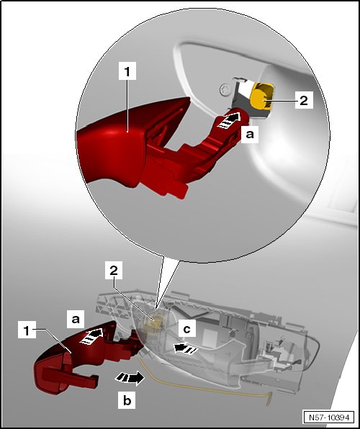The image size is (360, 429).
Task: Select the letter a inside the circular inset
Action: [250, 134]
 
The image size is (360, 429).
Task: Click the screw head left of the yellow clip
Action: [225, 89]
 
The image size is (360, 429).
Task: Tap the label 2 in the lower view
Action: [114, 271]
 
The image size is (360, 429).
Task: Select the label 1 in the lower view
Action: [27, 330]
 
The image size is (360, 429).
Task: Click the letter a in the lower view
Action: [76, 319]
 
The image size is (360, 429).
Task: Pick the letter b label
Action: [127, 400]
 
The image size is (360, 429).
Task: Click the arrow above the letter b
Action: [130, 379]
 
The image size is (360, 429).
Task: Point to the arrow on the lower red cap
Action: [92, 337]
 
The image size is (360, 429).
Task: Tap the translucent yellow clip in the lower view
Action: [155, 322]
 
